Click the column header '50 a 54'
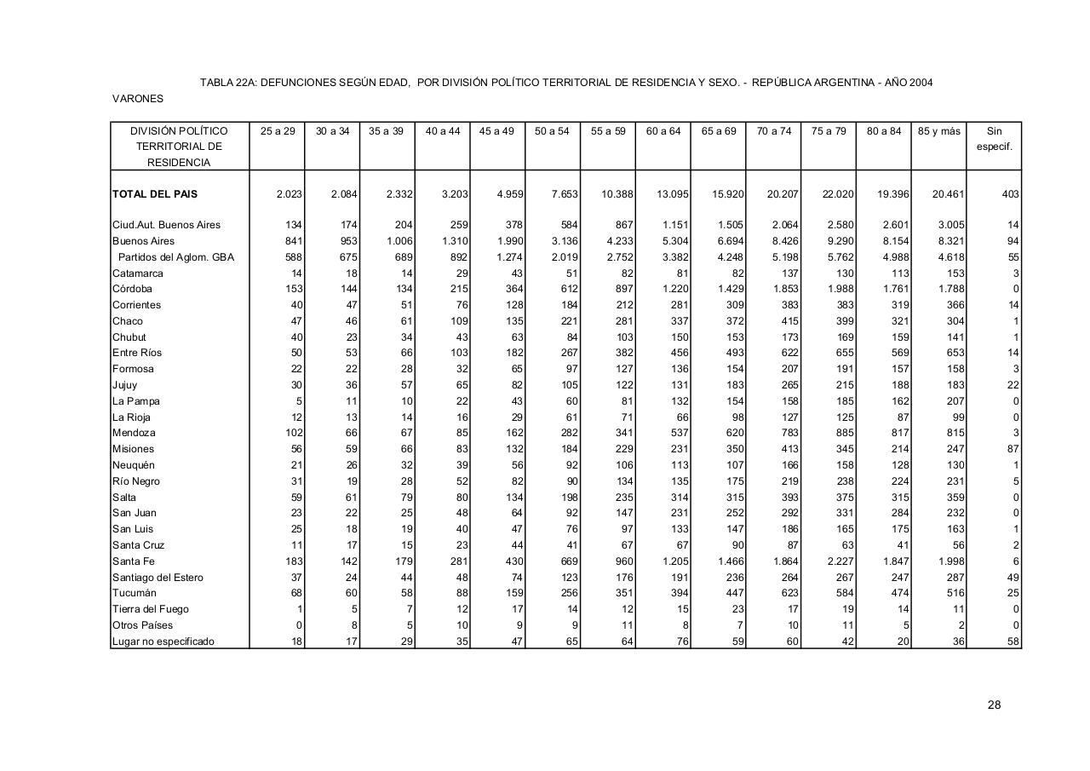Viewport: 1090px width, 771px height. tap(552, 131)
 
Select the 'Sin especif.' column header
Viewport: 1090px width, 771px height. tap(994, 139)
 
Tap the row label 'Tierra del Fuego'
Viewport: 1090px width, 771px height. tap(151, 609)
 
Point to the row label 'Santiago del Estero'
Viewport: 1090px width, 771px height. tap(158, 578)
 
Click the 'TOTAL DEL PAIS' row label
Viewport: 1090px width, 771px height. tap(155, 194)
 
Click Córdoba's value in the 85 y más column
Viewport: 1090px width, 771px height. tap(949, 289)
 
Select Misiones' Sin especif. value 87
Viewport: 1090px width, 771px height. tap(1012, 449)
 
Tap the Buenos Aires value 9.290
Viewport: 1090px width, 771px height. tap(840, 241)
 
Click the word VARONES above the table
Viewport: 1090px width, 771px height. tap(138, 99)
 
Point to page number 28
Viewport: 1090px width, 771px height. tap(994, 705)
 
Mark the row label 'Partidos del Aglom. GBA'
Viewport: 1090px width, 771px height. tap(175, 257)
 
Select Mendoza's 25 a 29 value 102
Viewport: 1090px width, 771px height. tap(293, 433)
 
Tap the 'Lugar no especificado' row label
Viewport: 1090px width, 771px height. tap(163, 642)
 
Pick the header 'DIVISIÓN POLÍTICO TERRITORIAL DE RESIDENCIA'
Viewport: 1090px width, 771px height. tap(179, 147)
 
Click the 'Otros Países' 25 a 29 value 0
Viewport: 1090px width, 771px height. tap(299, 625)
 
